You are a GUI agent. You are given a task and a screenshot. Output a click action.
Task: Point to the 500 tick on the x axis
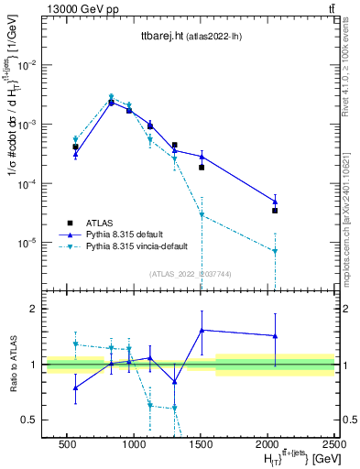click(67, 446)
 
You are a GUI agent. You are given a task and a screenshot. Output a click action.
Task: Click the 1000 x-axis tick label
click(134, 446)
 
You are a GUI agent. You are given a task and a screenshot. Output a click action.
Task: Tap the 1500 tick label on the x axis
click(201, 446)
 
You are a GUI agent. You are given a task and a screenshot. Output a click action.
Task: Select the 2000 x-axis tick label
click(267, 446)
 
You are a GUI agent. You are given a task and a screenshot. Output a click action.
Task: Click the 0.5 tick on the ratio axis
click(29, 420)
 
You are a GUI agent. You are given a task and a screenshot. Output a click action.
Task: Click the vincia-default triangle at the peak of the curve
click(111, 97)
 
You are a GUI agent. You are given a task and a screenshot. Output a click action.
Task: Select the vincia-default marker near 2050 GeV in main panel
click(275, 251)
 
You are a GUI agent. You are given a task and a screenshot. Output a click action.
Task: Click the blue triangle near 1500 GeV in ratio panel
click(202, 330)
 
